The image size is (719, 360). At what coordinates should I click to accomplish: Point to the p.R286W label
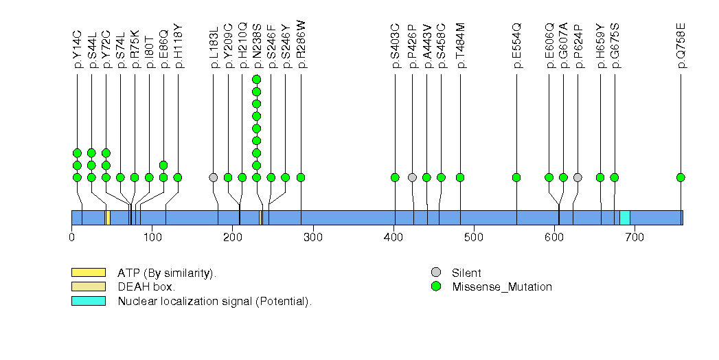(301, 44)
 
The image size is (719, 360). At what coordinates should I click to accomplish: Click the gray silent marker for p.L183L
(214, 177)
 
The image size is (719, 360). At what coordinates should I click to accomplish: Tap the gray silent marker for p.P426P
(412, 177)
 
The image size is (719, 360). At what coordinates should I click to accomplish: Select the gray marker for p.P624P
(578, 177)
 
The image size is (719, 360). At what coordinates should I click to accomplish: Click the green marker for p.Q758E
(681, 177)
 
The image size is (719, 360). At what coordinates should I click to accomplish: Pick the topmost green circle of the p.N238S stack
(257, 79)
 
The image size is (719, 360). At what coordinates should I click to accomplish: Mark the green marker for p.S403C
(395, 177)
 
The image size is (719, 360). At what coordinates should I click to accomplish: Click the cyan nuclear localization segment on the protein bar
(625, 218)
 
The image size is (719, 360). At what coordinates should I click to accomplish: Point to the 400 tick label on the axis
(393, 238)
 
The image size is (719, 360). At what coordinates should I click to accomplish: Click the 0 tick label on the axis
(71, 238)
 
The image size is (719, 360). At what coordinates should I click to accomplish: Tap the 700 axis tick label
(635, 238)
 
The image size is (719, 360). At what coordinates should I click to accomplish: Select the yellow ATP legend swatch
(88, 273)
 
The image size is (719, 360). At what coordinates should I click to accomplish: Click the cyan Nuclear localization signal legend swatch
(88, 301)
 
